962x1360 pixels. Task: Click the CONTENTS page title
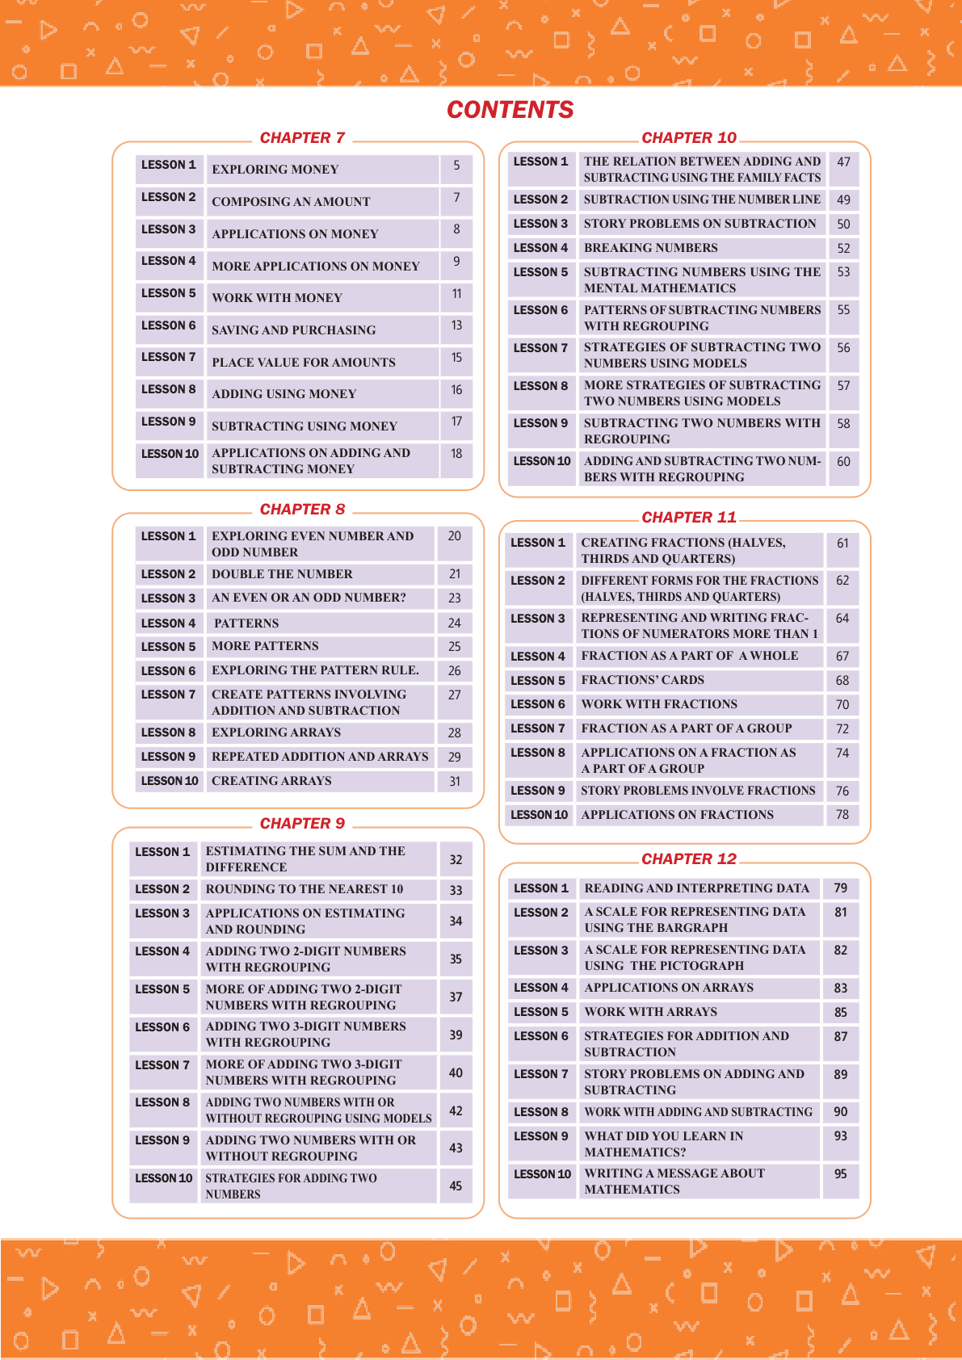(510, 110)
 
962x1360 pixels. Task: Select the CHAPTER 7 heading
(302, 138)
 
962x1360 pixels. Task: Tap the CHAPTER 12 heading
(689, 859)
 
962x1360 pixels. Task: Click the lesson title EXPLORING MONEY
(275, 170)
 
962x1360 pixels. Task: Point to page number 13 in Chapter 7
(456, 325)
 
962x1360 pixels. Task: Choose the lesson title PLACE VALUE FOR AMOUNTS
(304, 363)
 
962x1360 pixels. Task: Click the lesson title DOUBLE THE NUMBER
(282, 574)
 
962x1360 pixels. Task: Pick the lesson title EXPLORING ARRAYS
(276, 732)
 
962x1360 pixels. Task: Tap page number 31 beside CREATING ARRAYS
(455, 781)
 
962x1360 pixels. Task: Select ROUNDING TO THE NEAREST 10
(305, 889)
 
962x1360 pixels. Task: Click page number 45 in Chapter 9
(456, 1186)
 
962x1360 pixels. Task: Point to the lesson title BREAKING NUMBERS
(651, 248)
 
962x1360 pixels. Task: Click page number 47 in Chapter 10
(843, 162)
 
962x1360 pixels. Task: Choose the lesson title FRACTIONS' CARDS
(643, 680)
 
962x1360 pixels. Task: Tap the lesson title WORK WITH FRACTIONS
(659, 704)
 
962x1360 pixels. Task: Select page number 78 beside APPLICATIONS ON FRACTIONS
(842, 815)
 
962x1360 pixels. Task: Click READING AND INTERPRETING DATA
(697, 888)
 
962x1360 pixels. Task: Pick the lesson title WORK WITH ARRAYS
(651, 1012)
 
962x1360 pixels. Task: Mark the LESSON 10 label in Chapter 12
(542, 1174)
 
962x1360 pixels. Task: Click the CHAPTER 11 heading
(689, 518)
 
